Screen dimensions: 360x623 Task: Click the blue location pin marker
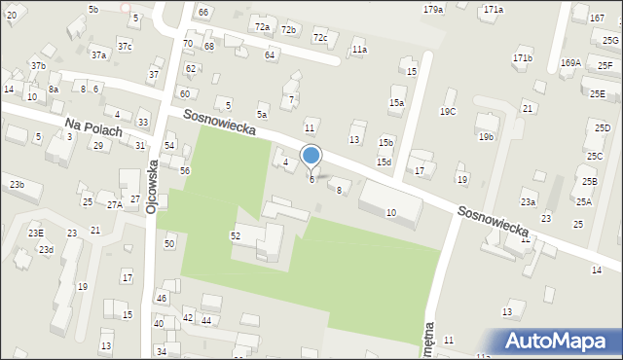pos(311,156)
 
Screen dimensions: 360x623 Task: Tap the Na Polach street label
pos(94,128)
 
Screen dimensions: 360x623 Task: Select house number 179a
pos(433,9)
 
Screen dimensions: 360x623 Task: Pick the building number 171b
pos(523,58)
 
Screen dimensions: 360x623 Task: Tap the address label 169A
pos(570,63)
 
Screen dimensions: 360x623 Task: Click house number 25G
pos(610,40)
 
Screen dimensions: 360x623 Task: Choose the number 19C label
pos(447,112)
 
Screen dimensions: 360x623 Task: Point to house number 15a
pos(396,102)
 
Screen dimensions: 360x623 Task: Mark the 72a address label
pos(262,27)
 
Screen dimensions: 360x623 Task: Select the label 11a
pos(360,49)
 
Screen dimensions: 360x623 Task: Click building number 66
pos(202,12)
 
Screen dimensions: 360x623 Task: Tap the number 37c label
pos(125,46)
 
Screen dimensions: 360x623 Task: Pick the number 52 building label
pos(235,236)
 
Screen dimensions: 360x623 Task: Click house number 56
pos(184,170)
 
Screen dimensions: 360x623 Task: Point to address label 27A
pos(115,205)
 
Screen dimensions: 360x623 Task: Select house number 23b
pos(18,184)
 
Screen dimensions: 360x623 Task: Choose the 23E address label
pos(36,234)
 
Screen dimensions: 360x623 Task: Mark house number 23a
pos(528,202)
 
